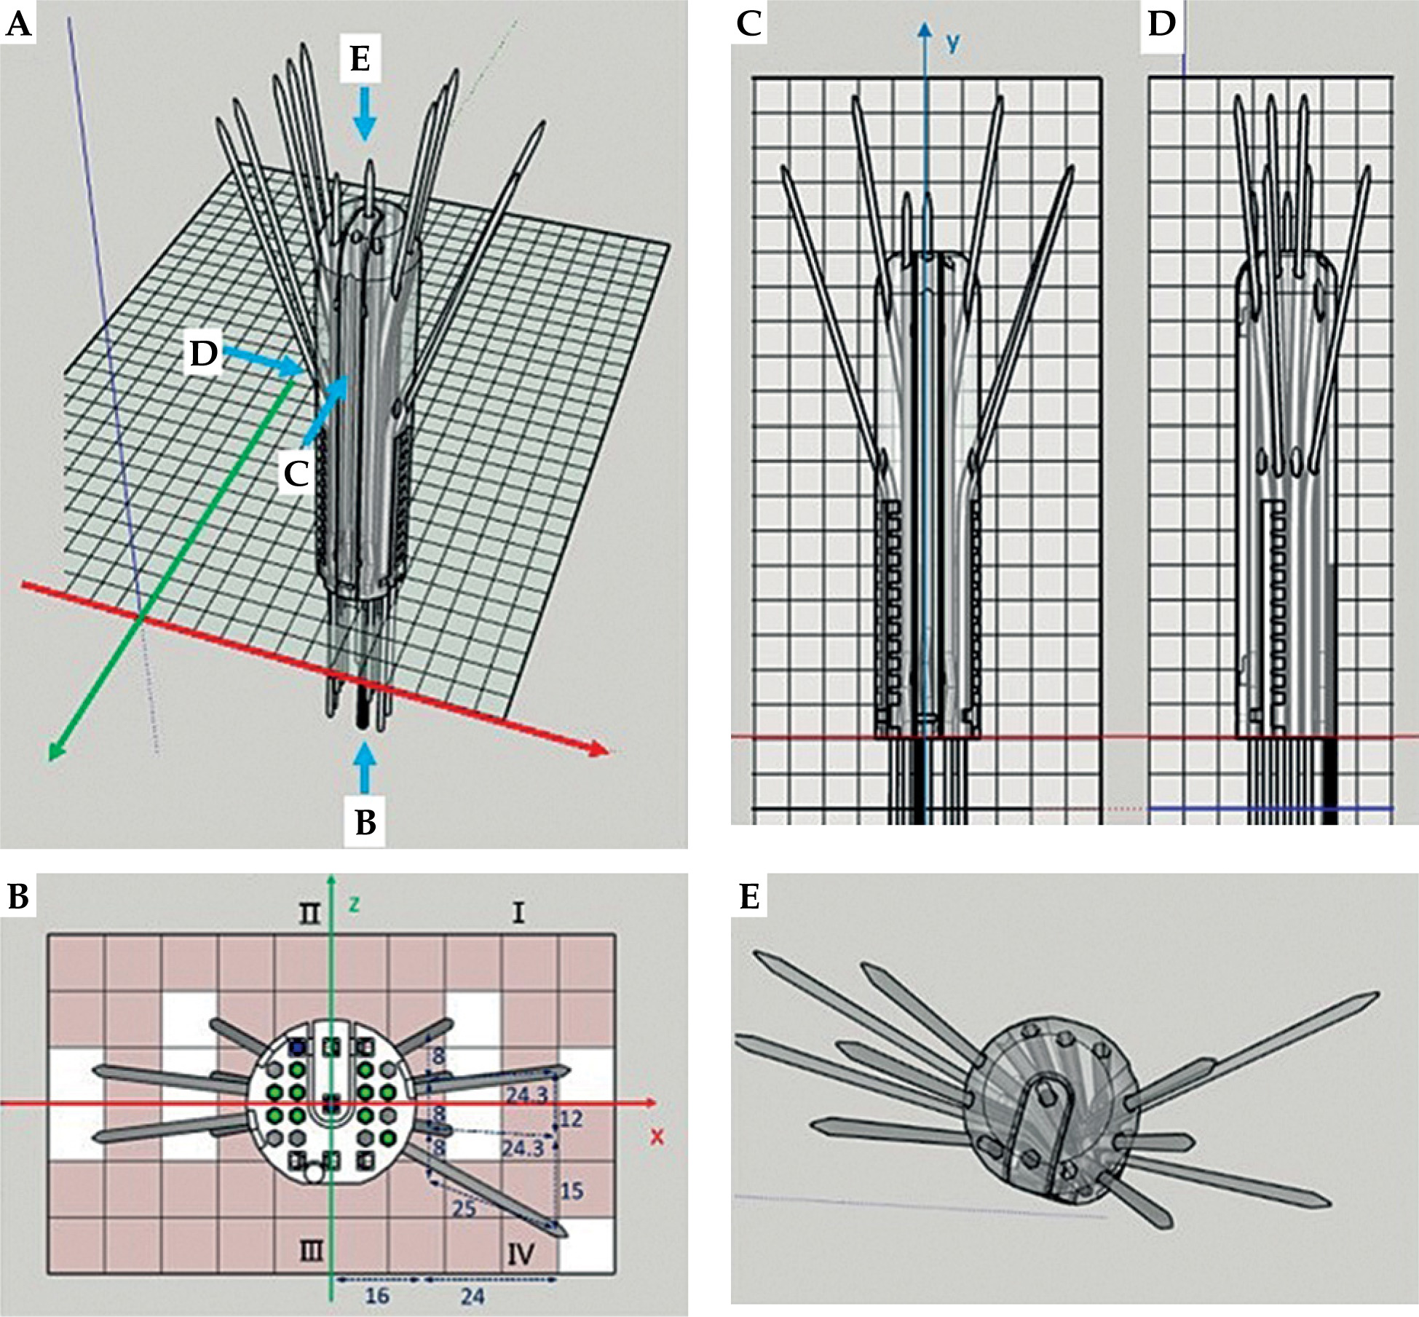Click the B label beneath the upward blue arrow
click(365, 823)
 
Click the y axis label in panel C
click(952, 43)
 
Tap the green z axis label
click(355, 904)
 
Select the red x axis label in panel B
click(657, 1136)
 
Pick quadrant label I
click(518, 913)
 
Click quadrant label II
click(310, 913)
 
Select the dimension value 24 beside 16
click(473, 1296)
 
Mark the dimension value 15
click(572, 1191)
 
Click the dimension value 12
click(572, 1118)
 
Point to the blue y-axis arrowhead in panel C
click(925, 31)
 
